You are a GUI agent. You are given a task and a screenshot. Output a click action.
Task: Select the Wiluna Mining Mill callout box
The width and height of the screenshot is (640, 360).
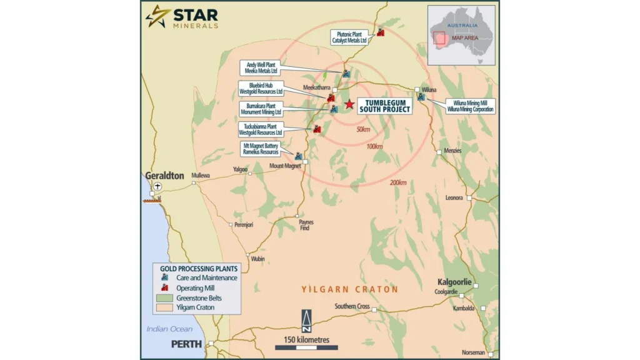coord(470,106)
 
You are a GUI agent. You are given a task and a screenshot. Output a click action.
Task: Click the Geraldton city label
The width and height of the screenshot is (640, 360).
coord(165,176)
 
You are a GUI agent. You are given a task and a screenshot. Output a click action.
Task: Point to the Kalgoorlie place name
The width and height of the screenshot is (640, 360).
coord(454,281)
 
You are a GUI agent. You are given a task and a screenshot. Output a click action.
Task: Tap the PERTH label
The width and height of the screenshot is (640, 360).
coord(186,344)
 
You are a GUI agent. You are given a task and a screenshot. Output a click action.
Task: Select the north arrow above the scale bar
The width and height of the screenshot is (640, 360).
coord(306,320)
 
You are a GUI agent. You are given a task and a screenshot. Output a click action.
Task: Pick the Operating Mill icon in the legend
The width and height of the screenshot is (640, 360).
coord(164,287)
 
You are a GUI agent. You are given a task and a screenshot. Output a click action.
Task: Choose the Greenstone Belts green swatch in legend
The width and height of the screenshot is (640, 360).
coord(164,297)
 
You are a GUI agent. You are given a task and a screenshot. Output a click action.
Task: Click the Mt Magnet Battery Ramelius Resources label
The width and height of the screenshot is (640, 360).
coord(262,149)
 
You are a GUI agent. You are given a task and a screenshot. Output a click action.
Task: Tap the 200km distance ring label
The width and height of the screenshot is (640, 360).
coord(397,182)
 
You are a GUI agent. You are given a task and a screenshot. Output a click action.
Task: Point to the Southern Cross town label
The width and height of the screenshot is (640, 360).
coord(352,306)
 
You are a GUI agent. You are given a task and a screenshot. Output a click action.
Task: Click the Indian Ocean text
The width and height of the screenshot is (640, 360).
coord(169,329)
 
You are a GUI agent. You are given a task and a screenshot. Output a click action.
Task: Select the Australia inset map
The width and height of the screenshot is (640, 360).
coord(461,35)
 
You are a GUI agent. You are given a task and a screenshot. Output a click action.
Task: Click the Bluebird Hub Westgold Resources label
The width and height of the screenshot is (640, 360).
coord(261,88)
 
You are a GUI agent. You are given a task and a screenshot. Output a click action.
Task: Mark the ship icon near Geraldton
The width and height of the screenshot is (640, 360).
coord(152,199)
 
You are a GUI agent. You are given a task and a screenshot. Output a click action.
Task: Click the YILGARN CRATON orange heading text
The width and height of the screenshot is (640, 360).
coord(349,289)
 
